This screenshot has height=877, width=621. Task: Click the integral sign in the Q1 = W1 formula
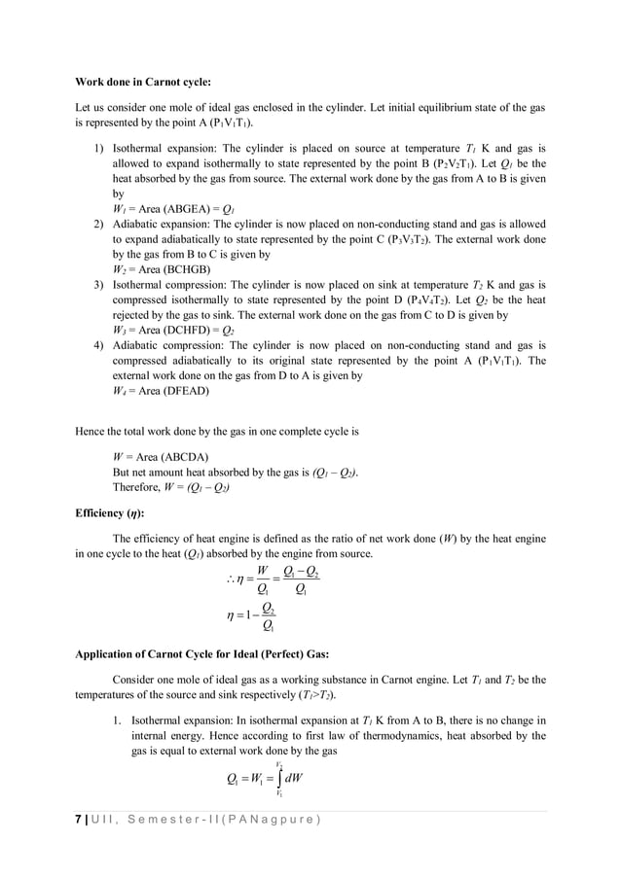(x=280, y=778)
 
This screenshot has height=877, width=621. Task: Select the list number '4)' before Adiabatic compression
(x=98, y=345)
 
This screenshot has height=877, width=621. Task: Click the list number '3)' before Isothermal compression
(x=98, y=284)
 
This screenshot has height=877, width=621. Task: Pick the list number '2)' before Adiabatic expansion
(x=98, y=224)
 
